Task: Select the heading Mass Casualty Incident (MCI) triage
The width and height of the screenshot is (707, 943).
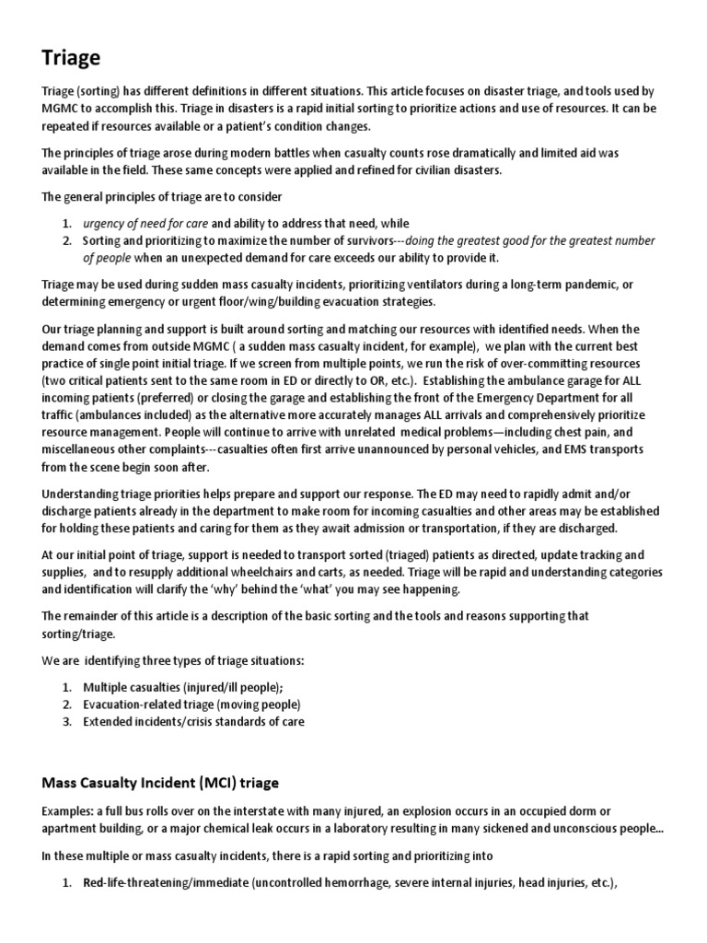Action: click(x=160, y=782)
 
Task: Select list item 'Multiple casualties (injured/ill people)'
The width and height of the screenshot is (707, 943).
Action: click(x=183, y=687)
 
